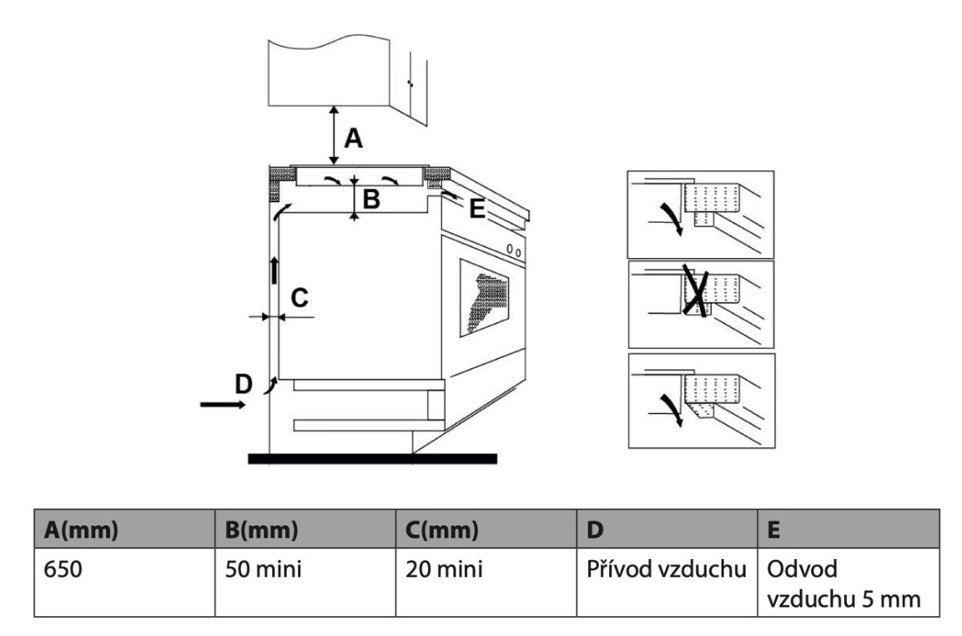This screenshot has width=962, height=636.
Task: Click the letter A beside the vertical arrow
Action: coord(354,139)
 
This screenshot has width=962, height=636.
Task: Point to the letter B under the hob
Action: coord(372,199)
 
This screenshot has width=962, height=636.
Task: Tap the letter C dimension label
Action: coord(300,296)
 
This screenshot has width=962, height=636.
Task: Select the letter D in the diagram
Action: coord(243,384)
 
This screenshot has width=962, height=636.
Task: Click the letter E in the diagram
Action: coord(476,209)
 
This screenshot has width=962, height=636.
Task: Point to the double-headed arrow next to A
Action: coord(334,134)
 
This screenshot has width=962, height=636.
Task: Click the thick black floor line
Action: coord(372,458)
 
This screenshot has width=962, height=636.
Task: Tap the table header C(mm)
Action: coord(442,528)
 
